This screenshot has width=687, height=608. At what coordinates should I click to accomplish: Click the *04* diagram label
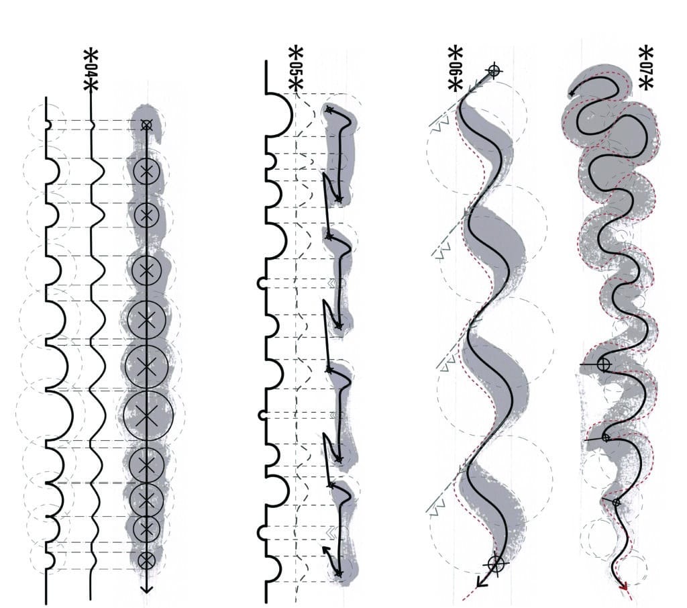(91, 70)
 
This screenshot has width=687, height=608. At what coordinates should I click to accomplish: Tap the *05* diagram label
(296, 69)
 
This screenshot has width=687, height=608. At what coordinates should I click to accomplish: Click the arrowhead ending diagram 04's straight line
(147, 589)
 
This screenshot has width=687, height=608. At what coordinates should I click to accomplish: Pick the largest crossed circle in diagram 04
(148, 415)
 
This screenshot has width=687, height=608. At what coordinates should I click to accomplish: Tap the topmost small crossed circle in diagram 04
(147, 125)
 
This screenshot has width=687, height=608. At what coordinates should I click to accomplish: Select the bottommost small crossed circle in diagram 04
(146, 560)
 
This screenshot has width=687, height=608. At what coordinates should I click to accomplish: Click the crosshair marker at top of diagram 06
(494, 70)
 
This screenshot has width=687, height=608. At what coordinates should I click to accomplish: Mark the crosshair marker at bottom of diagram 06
(496, 564)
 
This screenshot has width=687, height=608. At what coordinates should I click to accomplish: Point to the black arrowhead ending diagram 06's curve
(482, 582)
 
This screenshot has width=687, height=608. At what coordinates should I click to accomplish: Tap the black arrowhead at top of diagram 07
(572, 93)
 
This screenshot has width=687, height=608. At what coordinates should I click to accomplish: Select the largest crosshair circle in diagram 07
(603, 364)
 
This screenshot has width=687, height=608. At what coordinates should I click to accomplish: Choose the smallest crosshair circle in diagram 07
(616, 503)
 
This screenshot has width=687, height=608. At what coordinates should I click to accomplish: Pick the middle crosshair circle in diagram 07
(606, 438)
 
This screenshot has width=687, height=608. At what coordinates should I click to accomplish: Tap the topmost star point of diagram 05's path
(329, 110)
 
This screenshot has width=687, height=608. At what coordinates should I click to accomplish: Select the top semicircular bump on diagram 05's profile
(278, 115)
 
